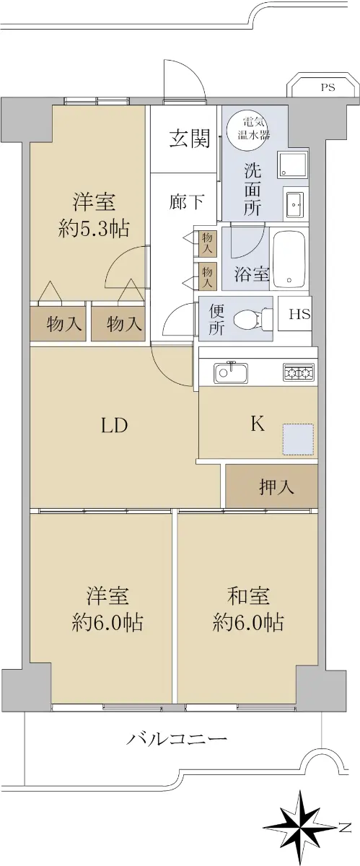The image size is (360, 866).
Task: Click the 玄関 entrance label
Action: pos(190,139)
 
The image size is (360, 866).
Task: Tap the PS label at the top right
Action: pos(328,87)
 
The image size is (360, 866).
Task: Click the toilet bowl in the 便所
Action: pos(250,318)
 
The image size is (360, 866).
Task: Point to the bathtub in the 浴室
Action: pos(289,258)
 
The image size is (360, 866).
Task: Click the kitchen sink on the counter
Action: pos(231,372)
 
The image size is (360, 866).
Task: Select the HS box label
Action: pos(300,314)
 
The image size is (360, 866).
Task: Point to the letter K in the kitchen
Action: pos(258,424)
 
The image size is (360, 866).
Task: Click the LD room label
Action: pos(115,426)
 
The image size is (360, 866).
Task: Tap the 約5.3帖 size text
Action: pos(94,229)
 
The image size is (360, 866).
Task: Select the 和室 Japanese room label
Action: pos(248,595)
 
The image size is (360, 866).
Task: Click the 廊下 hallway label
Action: pos(187,201)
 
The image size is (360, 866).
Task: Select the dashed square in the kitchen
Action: pos(298,439)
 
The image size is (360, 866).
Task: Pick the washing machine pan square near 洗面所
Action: pos(292,164)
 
